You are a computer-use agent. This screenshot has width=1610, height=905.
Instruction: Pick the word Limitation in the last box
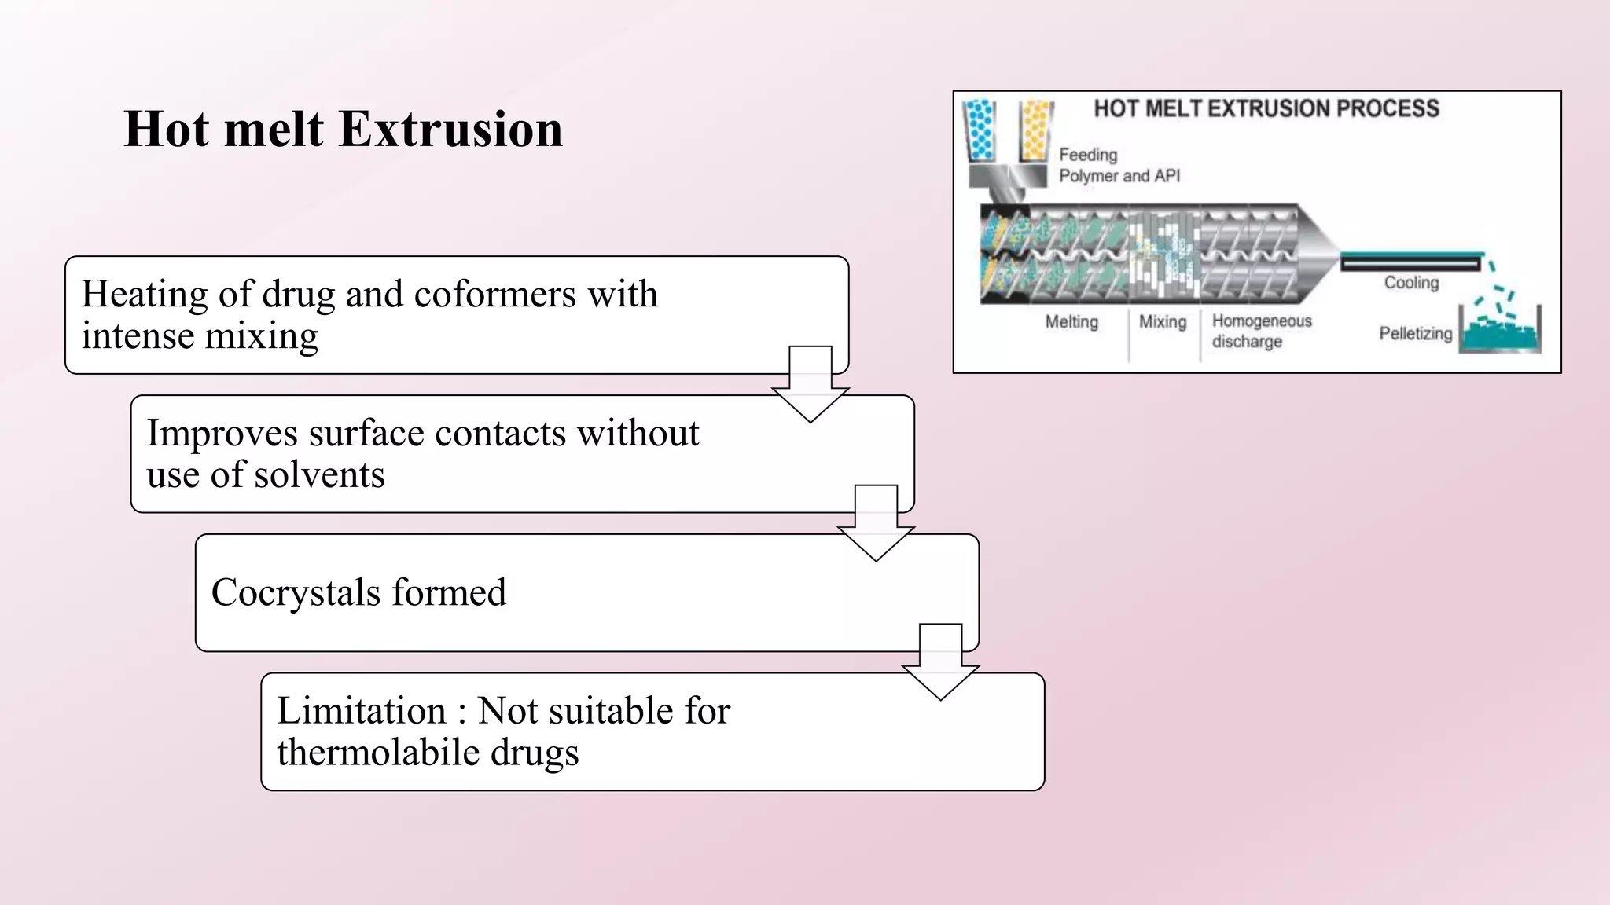tap(362, 711)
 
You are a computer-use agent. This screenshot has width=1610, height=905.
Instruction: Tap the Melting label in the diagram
tap(1071, 322)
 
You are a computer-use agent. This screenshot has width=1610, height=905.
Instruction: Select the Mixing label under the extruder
tap(1163, 322)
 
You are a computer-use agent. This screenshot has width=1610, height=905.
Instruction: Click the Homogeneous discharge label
tap(1261, 331)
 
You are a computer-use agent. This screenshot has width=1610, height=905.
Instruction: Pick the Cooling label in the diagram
tap(1411, 283)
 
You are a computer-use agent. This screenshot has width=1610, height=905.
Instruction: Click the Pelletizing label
tap(1415, 334)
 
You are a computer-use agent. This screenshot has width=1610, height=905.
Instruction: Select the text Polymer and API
tap(1119, 176)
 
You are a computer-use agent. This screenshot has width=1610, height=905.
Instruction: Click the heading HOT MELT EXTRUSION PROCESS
tap(1266, 108)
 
